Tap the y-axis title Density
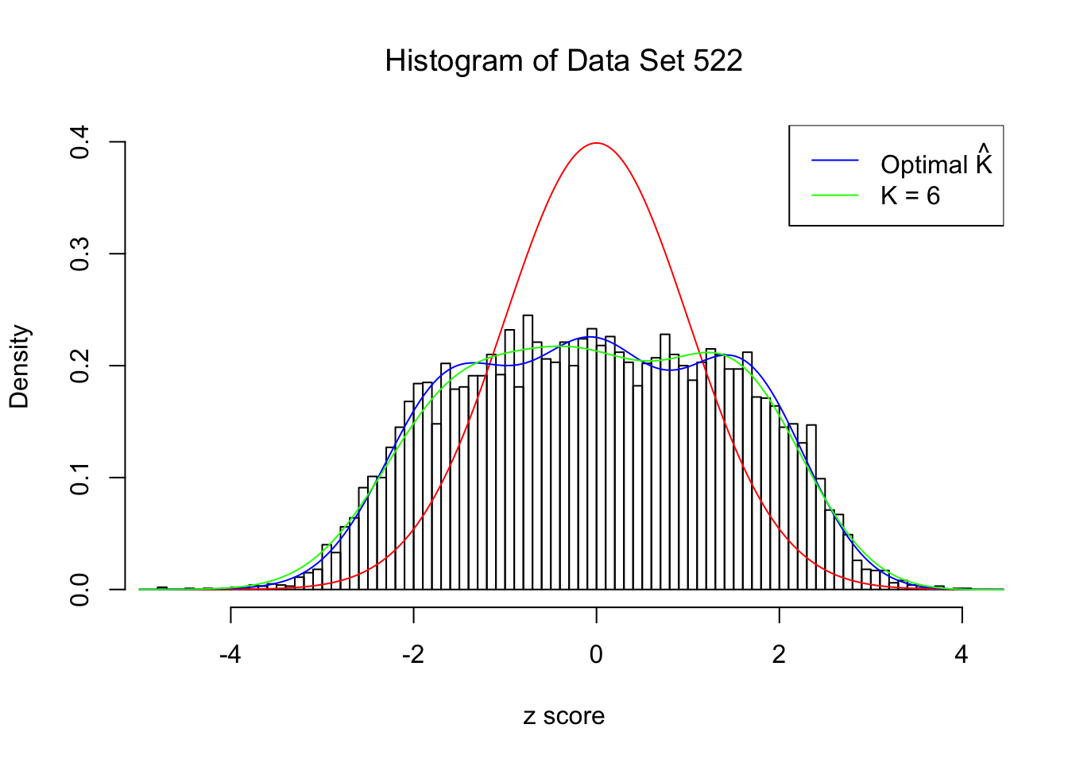(x=19, y=366)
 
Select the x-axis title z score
(x=563, y=716)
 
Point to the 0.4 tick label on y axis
(x=79, y=143)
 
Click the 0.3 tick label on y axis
(x=79, y=254)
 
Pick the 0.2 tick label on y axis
(x=79, y=366)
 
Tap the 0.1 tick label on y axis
(x=79, y=478)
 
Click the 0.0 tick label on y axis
(x=79, y=590)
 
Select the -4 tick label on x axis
(x=230, y=655)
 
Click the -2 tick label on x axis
(x=413, y=655)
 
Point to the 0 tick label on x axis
(x=596, y=655)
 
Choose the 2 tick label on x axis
(x=779, y=655)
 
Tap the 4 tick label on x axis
(x=962, y=655)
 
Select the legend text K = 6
(x=910, y=196)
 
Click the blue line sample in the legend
(x=835, y=161)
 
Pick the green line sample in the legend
(x=835, y=195)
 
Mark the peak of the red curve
(x=596, y=143)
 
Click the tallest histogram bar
(x=528, y=453)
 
